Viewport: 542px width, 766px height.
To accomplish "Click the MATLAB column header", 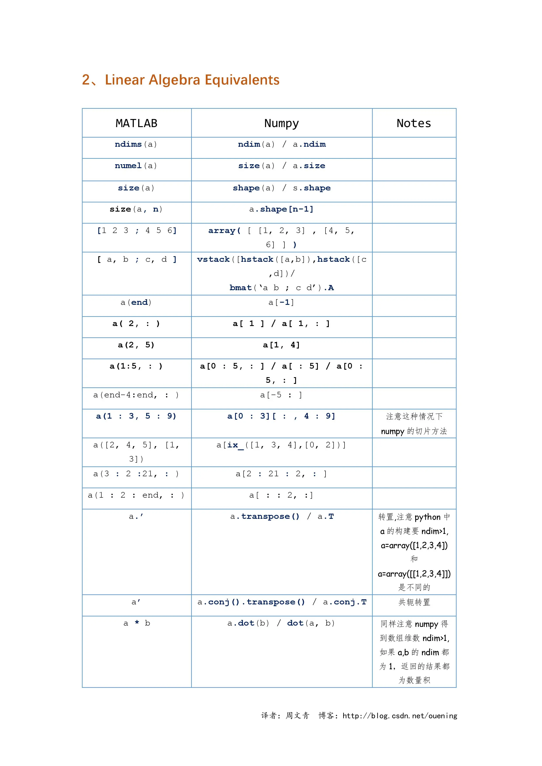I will [x=137, y=123].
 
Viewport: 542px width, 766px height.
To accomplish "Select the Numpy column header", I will [x=281, y=123].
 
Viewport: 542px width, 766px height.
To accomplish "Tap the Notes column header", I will [x=414, y=123].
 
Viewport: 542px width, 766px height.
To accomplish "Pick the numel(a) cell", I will [x=136, y=166].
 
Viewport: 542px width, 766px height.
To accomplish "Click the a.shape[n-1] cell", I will [x=281, y=209].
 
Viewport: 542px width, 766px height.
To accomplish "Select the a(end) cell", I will [x=136, y=302].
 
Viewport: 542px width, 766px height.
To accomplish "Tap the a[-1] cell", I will [x=281, y=302].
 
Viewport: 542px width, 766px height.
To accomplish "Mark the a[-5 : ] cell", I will [x=281, y=395].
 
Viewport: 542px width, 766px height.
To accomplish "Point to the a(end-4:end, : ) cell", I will [x=136, y=395].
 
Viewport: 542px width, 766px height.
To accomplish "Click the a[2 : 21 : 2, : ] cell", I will [x=281, y=474].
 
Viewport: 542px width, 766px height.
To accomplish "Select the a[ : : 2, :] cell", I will [x=281, y=495].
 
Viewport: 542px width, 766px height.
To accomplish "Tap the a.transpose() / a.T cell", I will [x=281, y=516].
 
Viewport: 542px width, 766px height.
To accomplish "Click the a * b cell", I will [x=137, y=623].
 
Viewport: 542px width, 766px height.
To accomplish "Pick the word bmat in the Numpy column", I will [x=240, y=288].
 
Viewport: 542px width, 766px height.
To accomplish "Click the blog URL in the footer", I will [x=400, y=716].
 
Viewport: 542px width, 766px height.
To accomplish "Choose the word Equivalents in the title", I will [x=242, y=80].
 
